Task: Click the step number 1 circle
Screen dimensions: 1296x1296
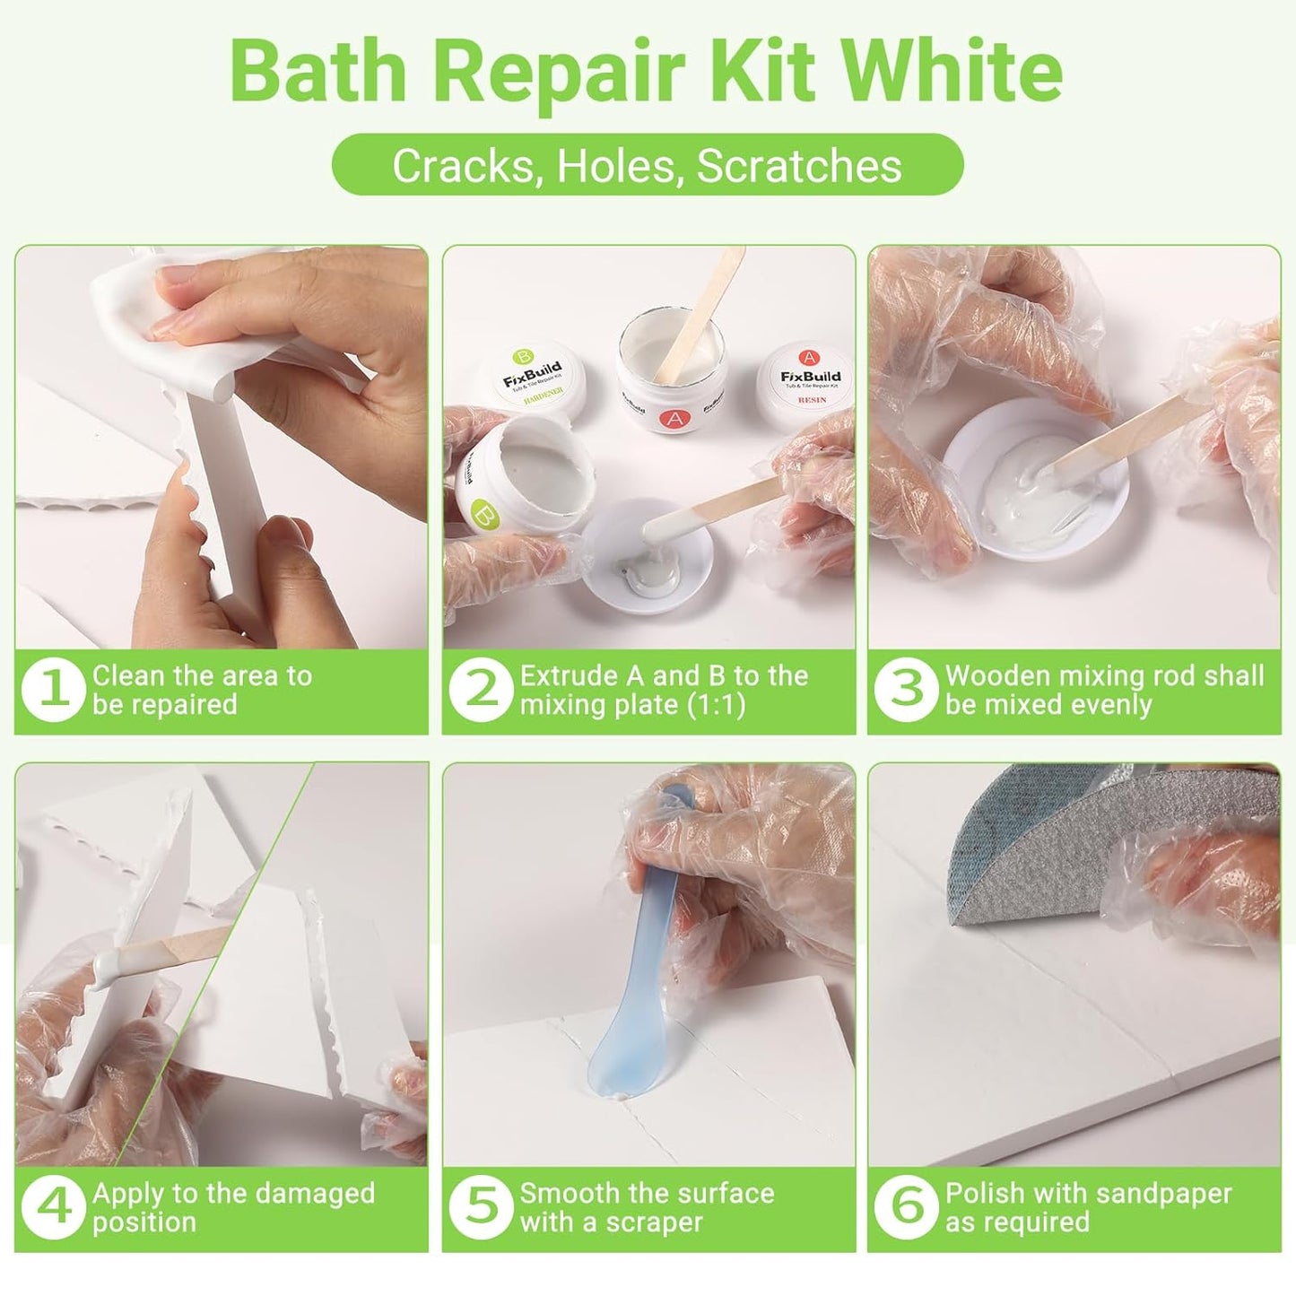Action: click(x=54, y=690)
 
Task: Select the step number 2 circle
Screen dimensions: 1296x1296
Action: click(x=482, y=690)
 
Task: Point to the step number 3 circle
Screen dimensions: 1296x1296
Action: click(x=907, y=690)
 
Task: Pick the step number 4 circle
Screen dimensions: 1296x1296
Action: click(x=54, y=1207)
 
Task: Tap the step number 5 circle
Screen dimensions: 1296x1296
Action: click(x=482, y=1207)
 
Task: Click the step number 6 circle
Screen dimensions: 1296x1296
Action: click(x=907, y=1207)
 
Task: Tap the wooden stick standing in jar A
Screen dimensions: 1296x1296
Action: click(x=709, y=309)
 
